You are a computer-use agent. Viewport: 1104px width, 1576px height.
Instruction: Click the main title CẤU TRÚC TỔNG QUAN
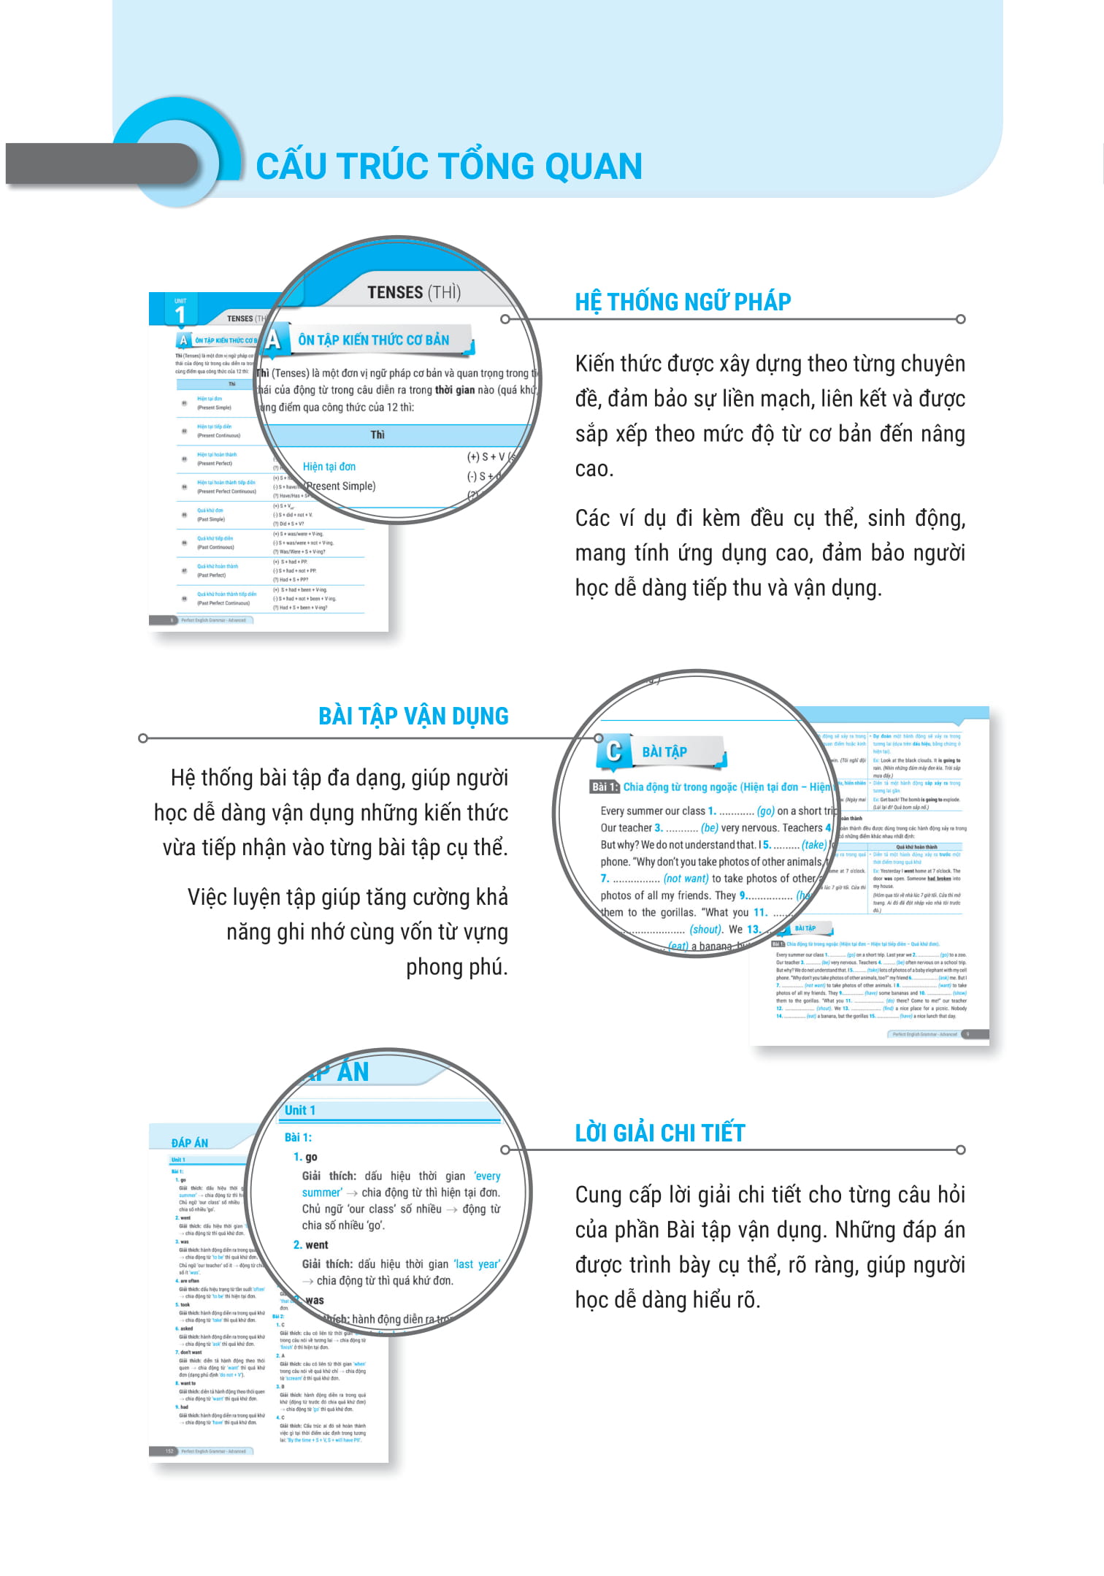[x=448, y=166]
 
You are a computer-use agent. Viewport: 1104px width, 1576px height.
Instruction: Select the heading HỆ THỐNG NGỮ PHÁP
[x=683, y=302]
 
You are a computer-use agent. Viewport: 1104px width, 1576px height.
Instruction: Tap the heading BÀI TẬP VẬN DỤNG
[x=413, y=716]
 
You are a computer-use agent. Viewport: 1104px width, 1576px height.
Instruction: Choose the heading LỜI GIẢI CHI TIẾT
[x=660, y=1133]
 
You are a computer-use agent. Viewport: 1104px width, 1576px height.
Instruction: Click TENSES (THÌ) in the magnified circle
[x=414, y=292]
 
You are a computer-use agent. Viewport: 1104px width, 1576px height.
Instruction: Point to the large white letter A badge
[x=274, y=340]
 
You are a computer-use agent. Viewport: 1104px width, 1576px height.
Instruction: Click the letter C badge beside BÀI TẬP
[x=614, y=751]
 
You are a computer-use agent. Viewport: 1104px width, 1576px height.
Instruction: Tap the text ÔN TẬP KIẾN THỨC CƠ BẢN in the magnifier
[x=374, y=340]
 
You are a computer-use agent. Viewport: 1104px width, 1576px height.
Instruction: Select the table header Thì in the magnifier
[x=377, y=435]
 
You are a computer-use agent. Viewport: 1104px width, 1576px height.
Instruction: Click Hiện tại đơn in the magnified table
[x=329, y=466]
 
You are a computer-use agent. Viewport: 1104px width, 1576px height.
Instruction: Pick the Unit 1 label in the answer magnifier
[x=300, y=1110]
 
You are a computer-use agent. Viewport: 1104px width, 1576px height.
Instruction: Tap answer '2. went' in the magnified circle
[x=312, y=1244]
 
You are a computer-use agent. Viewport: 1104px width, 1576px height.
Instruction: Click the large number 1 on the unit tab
[x=180, y=315]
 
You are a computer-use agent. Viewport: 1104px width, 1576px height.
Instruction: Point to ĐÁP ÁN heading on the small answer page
[x=190, y=1142]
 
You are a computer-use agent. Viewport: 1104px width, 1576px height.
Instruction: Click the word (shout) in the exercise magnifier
[x=706, y=929]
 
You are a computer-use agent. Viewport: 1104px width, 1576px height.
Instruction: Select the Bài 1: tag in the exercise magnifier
[x=605, y=787]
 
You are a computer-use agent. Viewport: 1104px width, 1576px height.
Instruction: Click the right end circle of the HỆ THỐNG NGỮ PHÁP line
[x=961, y=319]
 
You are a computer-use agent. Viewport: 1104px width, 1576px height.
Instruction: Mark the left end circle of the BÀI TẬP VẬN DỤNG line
[x=143, y=738]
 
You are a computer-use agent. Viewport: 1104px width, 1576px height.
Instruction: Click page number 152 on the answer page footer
[x=169, y=1451]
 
